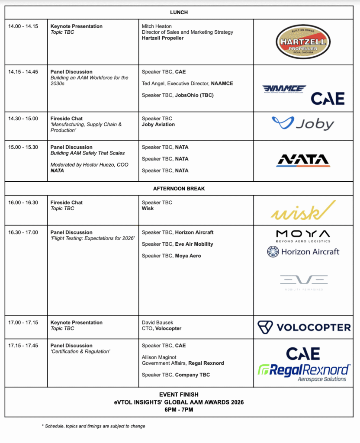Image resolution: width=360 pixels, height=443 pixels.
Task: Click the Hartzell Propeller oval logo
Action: coord(303,42)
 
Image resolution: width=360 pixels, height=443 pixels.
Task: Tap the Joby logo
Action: coord(303,124)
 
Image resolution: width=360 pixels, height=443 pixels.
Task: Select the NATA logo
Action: coord(303,160)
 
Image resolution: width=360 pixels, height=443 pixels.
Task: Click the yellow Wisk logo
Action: coord(303,210)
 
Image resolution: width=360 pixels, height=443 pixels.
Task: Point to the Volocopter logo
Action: coord(304,327)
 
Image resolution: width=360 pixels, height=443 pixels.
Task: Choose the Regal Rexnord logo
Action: coord(303,372)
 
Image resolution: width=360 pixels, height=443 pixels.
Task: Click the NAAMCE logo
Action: coord(284,89)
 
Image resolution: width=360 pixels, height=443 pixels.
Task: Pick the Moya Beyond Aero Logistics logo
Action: coord(303,236)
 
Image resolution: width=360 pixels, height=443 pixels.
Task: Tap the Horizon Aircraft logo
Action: coord(303,251)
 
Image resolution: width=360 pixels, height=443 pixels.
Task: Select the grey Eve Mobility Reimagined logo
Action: coord(303,282)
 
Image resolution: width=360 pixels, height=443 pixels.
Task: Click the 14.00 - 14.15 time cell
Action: coord(23,26)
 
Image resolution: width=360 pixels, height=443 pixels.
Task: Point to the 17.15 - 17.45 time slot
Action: coord(23,346)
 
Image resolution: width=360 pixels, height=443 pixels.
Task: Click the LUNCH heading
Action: coord(179,13)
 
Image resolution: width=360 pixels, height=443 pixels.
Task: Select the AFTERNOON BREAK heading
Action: coord(179,189)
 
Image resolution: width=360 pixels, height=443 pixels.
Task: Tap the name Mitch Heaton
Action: coord(157,26)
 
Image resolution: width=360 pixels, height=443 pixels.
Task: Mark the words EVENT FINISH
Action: coord(179,395)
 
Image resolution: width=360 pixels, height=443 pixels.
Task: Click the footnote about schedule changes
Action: coord(93,426)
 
